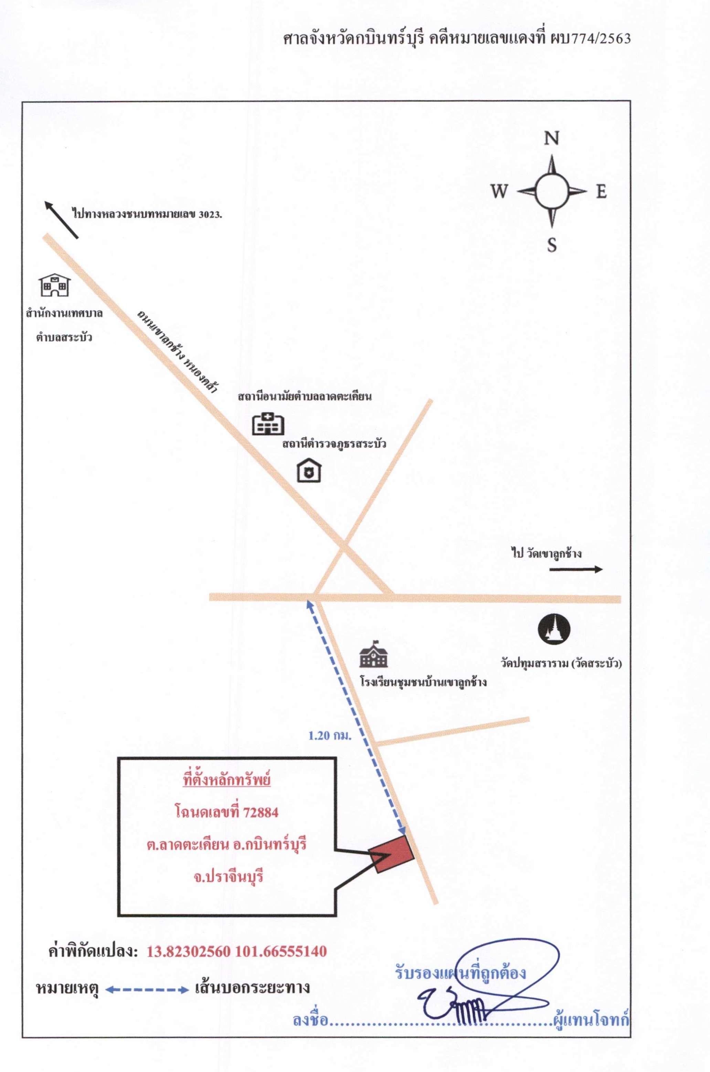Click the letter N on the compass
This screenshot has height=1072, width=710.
click(x=552, y=138)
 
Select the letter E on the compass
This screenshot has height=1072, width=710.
click(x=601, y=192)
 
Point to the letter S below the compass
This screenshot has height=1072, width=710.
click(x=552, y=245)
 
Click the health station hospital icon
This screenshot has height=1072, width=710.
click(x=268, y=424)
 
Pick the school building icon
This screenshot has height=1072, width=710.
click(x=373, y=654)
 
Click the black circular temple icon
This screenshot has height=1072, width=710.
click(x=554, y=629)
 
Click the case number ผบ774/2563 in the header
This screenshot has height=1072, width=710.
click(x=590, y=39)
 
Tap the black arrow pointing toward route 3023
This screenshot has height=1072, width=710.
click(x=61, y=220)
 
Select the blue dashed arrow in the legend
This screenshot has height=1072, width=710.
click(x=147, y=990)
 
